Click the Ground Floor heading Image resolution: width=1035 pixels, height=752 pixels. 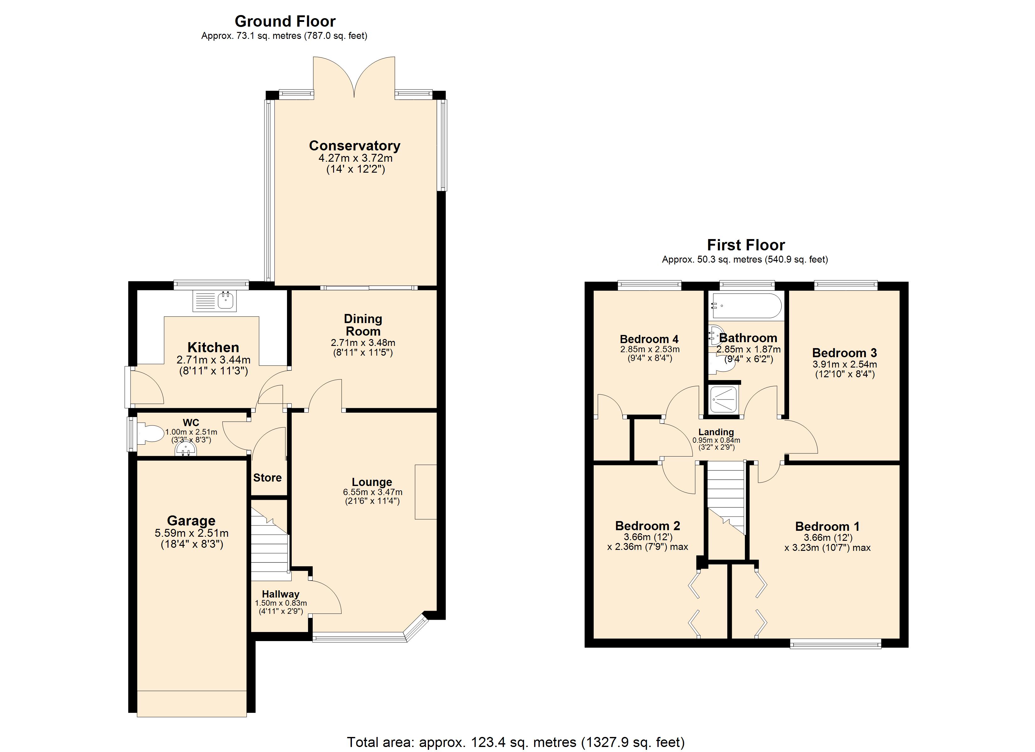coord(285,21)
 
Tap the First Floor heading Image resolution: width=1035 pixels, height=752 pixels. coord(746,245)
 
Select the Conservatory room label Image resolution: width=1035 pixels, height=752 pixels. coord(355,146)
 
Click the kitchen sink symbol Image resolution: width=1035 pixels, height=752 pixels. coord(215,301)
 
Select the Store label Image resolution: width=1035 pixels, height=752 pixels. coord(268,478)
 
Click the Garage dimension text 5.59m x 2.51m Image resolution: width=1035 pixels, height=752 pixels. coord(192,533)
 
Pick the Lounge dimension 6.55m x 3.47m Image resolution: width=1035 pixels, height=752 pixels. coord(372,493)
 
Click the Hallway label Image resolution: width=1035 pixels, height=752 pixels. coord(281,594)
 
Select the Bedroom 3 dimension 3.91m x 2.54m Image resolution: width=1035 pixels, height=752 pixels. coord(844,365)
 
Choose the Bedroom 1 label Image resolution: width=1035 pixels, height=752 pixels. coord(827,527)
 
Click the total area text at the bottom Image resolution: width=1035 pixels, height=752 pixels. coord(516,742)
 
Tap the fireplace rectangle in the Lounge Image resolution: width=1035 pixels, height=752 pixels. coord(425,492)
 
